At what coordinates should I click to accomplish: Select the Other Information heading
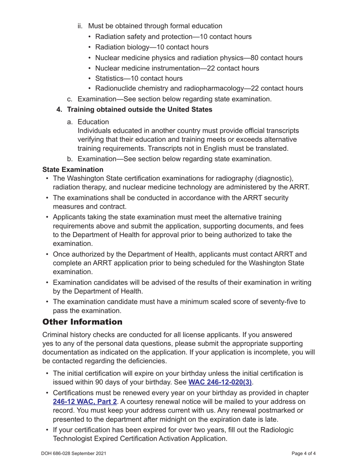click(x=83, y=322)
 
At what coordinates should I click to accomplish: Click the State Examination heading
click(x=73, y=169)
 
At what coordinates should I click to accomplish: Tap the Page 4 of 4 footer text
click(x=304, y=453)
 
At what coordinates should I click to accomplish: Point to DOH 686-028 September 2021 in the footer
click(x=74, y=453)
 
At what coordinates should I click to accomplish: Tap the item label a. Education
click(x=93, y=122)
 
